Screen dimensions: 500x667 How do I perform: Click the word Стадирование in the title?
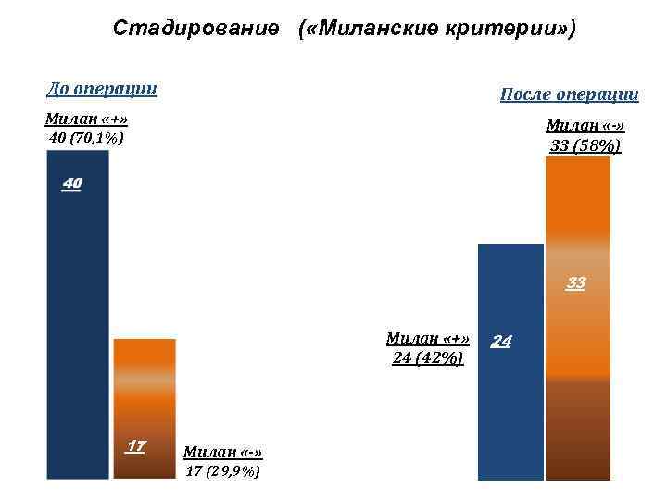195,29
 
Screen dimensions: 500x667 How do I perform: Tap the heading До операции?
102,90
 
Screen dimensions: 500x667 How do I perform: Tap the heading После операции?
569,94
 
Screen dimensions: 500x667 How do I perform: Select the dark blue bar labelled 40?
78,315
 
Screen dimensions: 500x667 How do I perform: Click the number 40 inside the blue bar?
72,184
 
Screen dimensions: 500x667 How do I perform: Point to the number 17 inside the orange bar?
135,446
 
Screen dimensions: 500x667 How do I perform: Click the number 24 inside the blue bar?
501,342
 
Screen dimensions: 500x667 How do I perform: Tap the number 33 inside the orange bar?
576,282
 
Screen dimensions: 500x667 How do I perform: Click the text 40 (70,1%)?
85,138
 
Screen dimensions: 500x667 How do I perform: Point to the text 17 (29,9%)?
222,470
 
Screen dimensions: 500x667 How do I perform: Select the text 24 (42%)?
428,357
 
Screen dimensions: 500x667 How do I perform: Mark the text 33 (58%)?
585,145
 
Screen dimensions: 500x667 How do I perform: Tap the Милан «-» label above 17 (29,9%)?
223,452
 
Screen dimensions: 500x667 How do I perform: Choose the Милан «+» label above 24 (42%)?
428,338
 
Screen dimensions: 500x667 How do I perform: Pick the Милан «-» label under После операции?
585,125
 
